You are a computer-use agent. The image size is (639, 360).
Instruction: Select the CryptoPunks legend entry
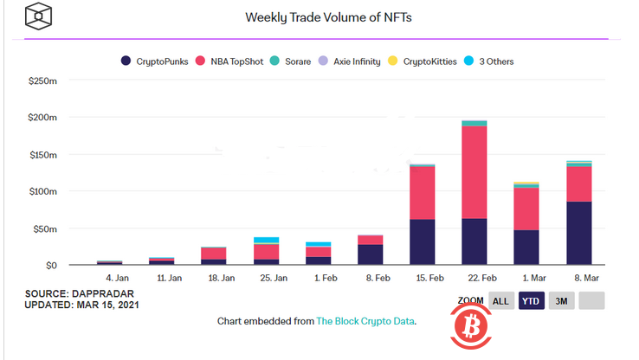click(158, 61)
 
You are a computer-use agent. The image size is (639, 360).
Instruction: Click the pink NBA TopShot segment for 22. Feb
click(474, 172)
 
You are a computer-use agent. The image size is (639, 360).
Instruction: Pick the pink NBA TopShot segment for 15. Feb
click(422, 193)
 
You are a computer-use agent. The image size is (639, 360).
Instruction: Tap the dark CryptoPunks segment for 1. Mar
click(526, 247)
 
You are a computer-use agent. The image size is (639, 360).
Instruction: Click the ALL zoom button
click(500, 301)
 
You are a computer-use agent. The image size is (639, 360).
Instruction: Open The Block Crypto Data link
click(365, 322)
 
